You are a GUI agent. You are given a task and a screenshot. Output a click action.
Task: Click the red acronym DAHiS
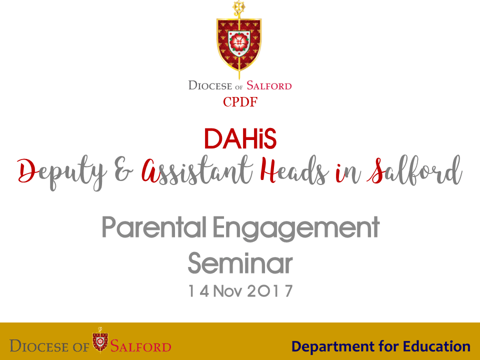[240, 138]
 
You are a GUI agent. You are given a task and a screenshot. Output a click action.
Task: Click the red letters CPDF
[240, 102]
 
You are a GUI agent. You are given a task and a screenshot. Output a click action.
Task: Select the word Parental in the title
[154, 227]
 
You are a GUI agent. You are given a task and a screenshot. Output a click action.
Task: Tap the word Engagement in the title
[296, 228]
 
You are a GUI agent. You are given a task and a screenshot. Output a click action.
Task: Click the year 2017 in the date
[269, 291]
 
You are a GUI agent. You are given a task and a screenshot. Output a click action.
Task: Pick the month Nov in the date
[227, 291]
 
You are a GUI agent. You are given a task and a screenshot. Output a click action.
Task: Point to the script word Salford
[414, 170]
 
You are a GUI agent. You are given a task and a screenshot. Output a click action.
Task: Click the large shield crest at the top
[239, 44]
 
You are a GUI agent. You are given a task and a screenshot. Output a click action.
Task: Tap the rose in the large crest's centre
[239, 42]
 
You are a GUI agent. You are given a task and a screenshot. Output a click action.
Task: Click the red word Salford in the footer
[141, 346]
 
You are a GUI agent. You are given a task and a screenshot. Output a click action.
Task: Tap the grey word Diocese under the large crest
[210, 85]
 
